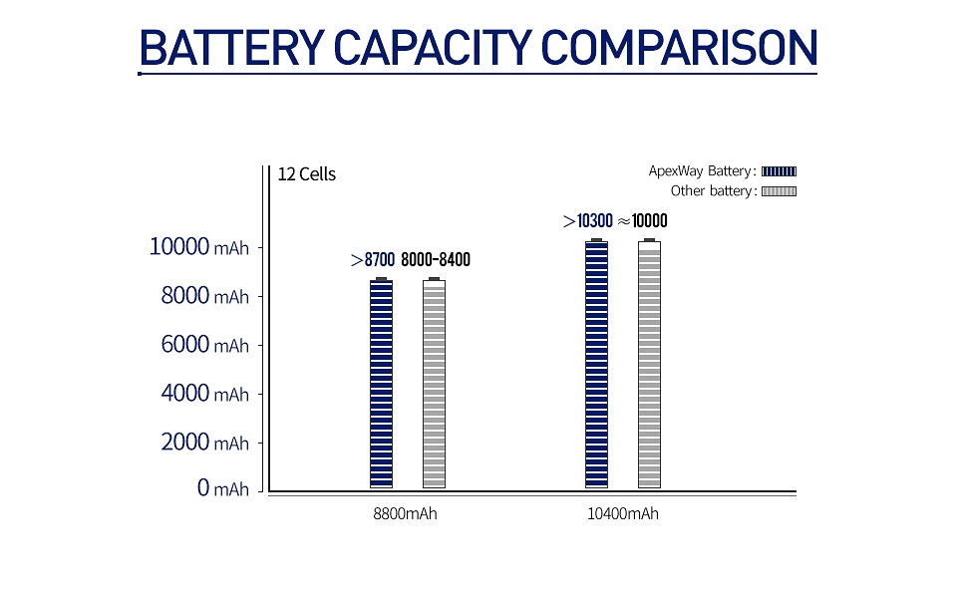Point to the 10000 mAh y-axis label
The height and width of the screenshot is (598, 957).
[x=199, y=247]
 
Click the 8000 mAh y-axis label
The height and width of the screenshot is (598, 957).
[x=204, y=296]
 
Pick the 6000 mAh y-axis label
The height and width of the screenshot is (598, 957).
[x=204, y=345]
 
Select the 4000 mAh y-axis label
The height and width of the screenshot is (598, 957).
[x=204, y=394]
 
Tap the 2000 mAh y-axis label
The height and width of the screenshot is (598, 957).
[x=204, y=442]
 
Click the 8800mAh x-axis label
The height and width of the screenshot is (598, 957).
[x=404, y=514]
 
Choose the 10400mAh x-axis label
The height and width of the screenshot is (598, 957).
[x=623, y=514]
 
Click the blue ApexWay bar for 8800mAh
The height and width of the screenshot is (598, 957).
[x=381, y=384]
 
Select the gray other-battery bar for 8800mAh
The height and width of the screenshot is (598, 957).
[x=434, y=384]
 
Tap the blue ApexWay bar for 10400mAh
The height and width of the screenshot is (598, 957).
[x=596, y=365]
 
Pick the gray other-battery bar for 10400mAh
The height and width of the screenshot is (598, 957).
[x=649, y=365]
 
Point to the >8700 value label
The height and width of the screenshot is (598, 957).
[x=373, y=260]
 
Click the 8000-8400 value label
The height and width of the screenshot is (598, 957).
[x=436, y=260]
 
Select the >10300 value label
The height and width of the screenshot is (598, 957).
[x=587, y=221]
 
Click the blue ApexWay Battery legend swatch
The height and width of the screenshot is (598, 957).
[x=780, y=171]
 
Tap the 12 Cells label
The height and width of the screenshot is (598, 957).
[x=307, y=174]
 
